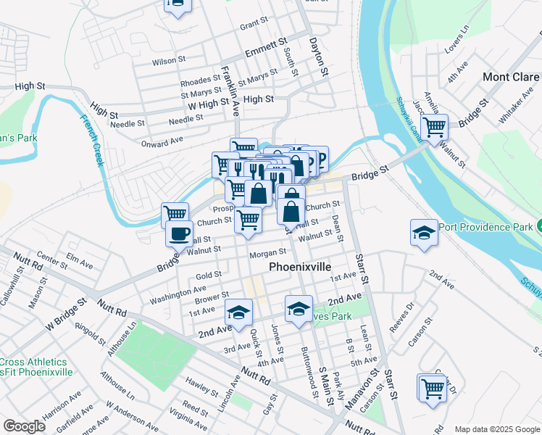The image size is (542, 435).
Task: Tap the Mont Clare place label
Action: tap(511, 77)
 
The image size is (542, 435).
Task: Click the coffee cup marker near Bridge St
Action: tap(180, 233)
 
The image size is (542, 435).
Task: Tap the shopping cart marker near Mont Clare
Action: tap(434, 128)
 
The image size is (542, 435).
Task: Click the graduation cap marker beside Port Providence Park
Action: tap(424, 232)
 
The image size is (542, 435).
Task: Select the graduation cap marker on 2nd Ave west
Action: tap(237, 312)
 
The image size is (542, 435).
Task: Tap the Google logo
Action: tap(24, 426)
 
